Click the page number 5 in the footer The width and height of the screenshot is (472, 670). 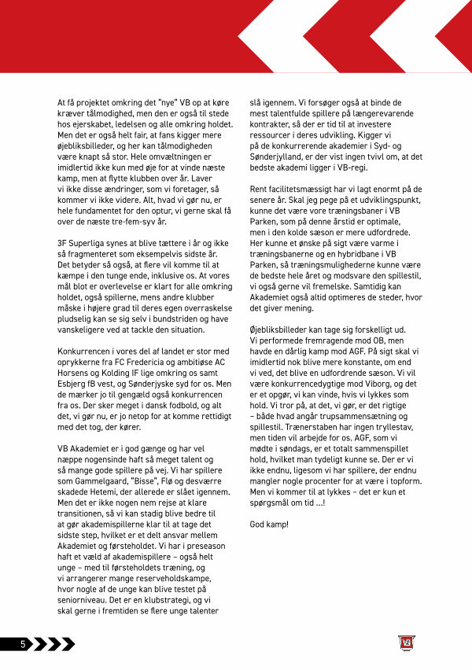(x=24, y=644)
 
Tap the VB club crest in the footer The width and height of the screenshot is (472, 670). (x=404, y=644)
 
